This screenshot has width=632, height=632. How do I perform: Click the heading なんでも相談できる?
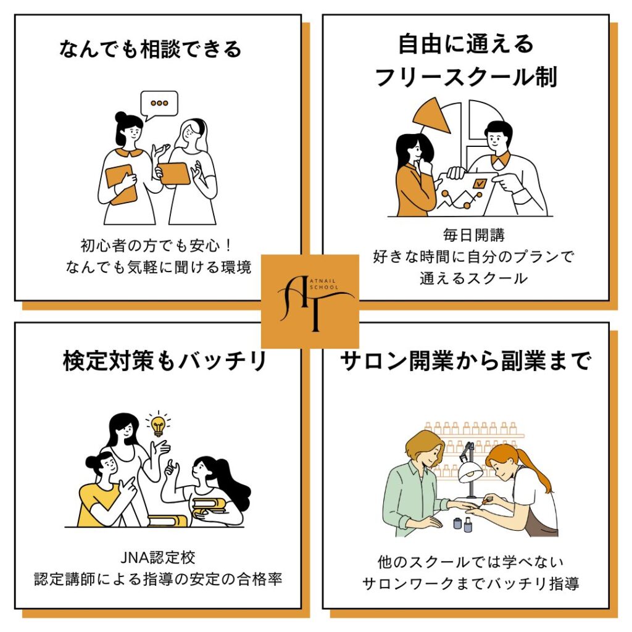[151, 48]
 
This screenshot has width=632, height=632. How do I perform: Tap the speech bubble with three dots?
[159, 104]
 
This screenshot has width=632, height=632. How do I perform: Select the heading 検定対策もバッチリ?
[164, 361]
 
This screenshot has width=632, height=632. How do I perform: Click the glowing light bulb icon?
[158, 424]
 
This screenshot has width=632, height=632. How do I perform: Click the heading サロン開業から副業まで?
[466, 361]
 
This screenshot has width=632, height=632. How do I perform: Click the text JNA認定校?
[159, 560]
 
